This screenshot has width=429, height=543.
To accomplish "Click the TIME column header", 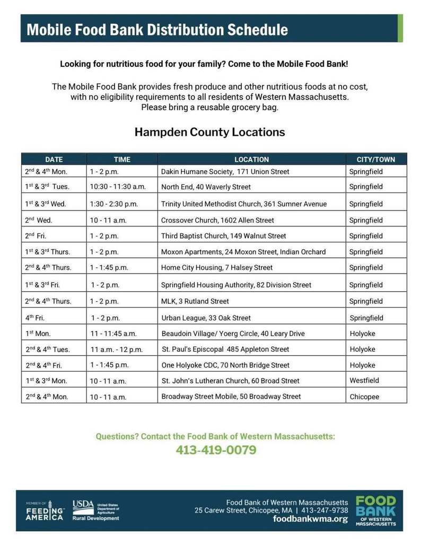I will (122, 159).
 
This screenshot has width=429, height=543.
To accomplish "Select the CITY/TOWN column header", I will (376, 159).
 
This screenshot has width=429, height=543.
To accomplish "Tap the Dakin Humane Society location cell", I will (225, 172).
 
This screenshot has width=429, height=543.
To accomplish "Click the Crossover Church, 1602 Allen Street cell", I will (218, 220).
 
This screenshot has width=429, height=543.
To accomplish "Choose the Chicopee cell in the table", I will (364, 397).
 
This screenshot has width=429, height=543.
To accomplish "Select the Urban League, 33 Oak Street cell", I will (206, 318).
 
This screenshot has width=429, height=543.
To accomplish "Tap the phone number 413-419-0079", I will (216, 450).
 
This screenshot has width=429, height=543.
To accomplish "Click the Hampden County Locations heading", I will (209, 132).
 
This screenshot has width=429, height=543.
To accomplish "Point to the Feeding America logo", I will (45, 510).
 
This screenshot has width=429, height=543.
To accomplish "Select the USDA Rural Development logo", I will (95, 510).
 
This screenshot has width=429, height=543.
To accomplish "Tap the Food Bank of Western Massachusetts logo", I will (375, 510).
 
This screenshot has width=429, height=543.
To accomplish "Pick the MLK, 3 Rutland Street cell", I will (195, 301).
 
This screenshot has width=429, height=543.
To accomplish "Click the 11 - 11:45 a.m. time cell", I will (113, 334).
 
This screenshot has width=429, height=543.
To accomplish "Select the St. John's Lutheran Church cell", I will (230, 381).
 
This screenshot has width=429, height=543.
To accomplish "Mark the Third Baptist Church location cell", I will (223, 236).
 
